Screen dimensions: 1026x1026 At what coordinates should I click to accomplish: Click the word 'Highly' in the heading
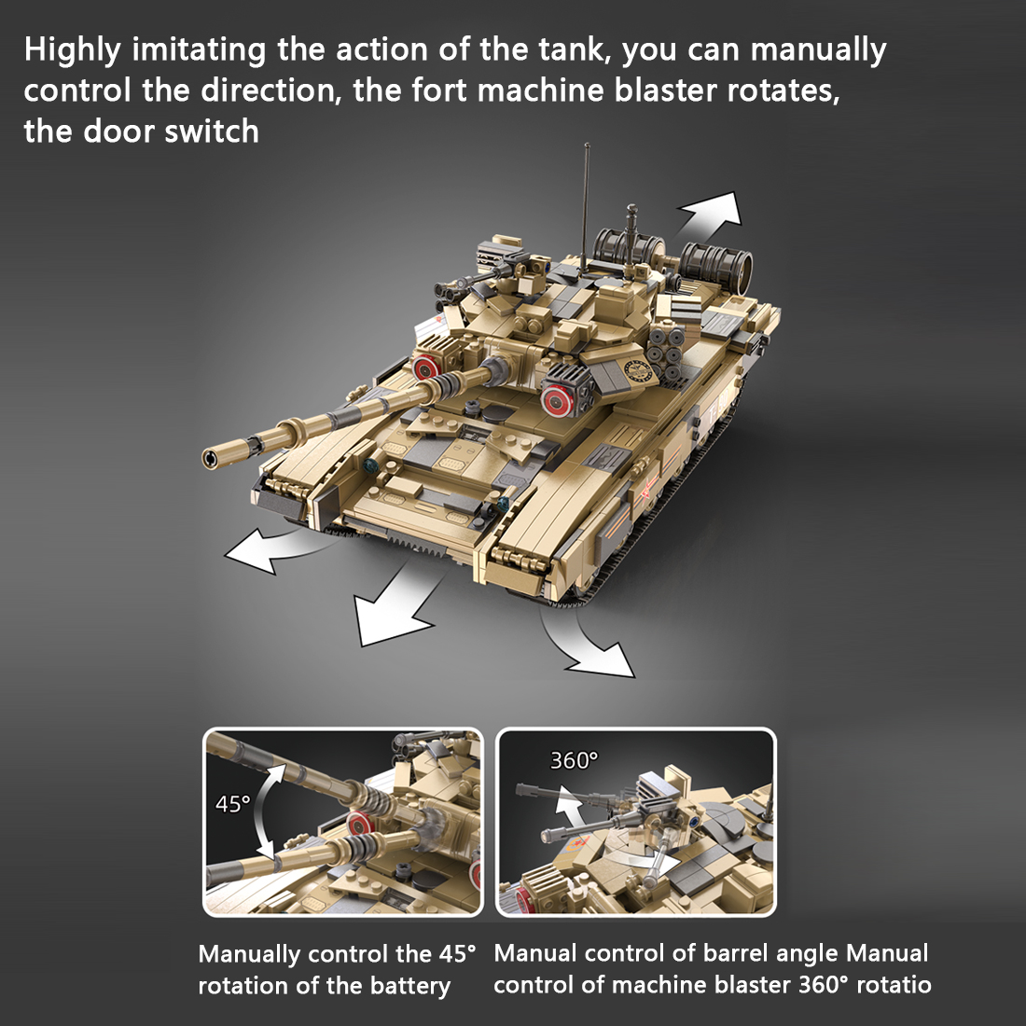click(x=72, y=51)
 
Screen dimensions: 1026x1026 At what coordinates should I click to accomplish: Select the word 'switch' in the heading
click(x=212, y=132)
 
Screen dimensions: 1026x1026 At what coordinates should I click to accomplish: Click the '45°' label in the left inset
click(x=232, y=803)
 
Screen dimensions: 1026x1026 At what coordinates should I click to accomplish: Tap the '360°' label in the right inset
click(x=573, y=761)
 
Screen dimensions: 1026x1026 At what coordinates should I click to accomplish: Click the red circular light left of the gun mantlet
click(x=428, y=366)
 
